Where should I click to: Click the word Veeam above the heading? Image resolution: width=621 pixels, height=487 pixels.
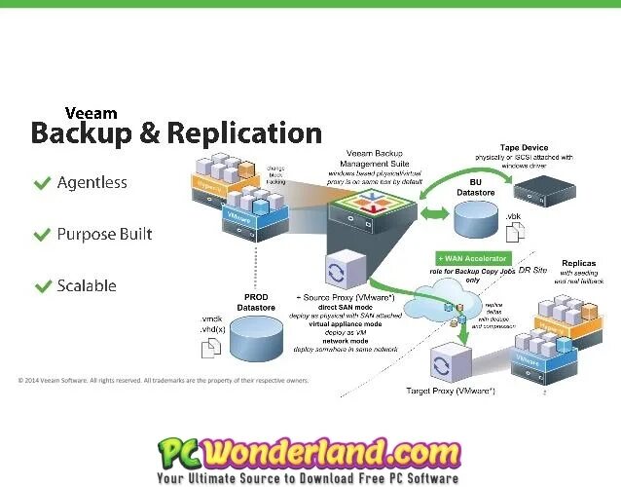point(90,112)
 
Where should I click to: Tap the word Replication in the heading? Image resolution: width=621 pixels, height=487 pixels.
point(244,133)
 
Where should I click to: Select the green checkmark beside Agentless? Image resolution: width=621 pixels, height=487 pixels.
point(42,183)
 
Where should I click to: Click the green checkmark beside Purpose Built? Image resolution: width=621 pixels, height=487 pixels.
point(42,235)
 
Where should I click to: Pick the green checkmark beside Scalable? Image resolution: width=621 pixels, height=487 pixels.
point(42,286)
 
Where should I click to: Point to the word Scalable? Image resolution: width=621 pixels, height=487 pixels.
point(87,286)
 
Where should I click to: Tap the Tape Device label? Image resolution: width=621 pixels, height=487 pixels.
point(530,148)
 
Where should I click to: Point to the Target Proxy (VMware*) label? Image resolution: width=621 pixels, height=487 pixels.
point(450,392)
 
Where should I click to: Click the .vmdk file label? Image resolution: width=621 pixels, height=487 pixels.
point(211,318)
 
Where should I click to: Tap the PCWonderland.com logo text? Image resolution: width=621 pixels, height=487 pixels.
point(310,452)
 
